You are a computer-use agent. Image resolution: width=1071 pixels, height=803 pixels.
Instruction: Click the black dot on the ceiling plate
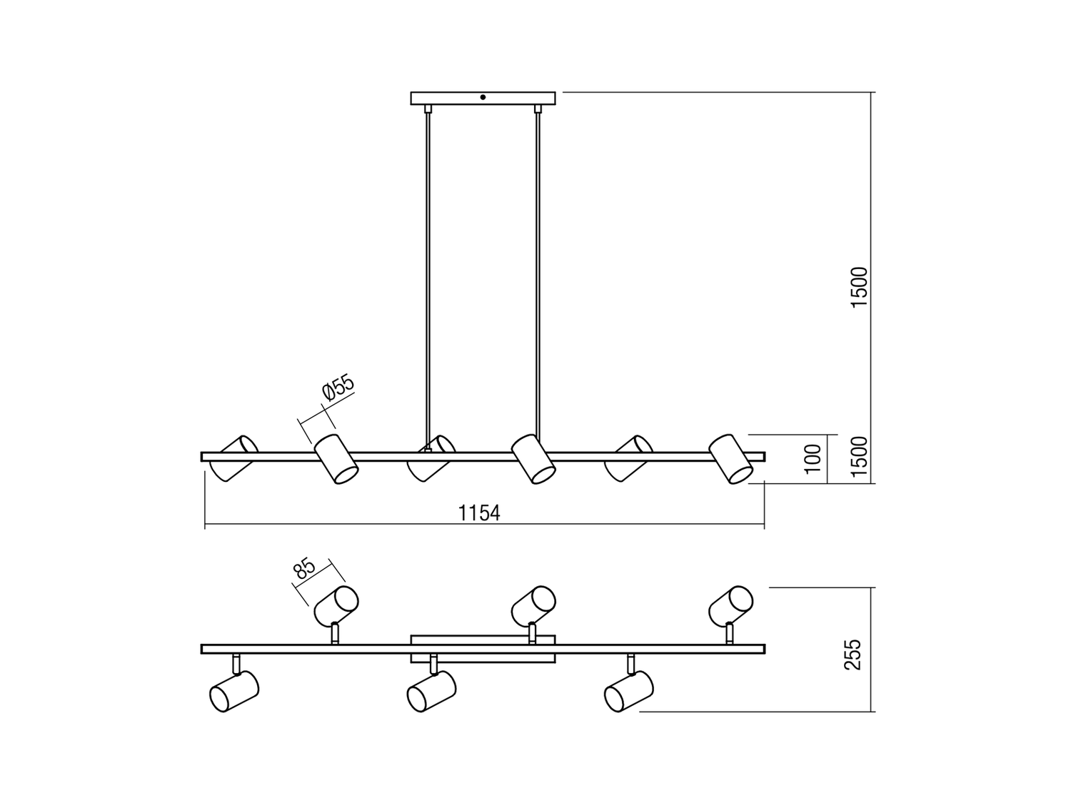(483, 98)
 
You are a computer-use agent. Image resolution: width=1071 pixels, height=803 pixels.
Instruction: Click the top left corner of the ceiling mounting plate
(411, 92)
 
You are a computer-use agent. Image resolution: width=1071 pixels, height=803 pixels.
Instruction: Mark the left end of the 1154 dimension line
(205, 525)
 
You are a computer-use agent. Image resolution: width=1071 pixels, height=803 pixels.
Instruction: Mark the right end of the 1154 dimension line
(764, 525)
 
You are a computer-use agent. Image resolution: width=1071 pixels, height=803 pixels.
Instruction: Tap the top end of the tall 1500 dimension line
(871, 92)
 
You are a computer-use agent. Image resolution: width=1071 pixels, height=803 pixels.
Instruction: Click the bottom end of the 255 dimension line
(871, 712)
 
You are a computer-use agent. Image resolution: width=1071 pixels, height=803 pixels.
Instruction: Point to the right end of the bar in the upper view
(765, 457)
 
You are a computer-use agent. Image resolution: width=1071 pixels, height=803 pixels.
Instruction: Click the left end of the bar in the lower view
(201, 649)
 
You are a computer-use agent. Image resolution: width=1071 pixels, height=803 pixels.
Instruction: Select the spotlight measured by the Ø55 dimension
(336, 459)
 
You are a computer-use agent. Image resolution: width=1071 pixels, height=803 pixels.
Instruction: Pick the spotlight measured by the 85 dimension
(336, 606)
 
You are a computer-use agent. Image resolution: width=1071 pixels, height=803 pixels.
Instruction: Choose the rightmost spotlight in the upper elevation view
(730, 459)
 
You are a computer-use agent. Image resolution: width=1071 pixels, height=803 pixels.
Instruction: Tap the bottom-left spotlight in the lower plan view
(234, 692)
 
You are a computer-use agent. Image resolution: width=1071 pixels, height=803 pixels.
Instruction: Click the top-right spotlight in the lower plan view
(730, 606)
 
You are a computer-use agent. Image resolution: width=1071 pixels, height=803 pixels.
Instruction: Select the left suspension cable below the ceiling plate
(428, 277)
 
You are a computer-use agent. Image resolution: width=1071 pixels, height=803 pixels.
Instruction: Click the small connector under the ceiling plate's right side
(538, 108)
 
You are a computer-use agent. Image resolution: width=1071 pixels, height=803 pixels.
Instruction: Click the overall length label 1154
(479, 513)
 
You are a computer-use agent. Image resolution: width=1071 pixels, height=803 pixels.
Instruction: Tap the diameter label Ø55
(338, 388)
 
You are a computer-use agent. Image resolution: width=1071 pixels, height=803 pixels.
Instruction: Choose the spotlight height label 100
(813, 459)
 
